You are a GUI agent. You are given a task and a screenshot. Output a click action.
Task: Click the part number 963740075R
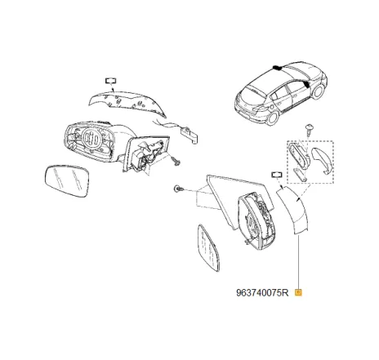262,291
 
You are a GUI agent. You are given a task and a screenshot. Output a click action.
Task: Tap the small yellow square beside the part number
299,291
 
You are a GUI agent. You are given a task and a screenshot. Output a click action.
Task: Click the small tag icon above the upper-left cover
109,80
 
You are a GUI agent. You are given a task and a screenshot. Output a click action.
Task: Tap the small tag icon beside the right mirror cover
276,176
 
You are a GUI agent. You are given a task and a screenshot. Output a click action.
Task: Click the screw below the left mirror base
174,162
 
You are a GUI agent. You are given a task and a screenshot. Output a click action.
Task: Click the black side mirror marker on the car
304,82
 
